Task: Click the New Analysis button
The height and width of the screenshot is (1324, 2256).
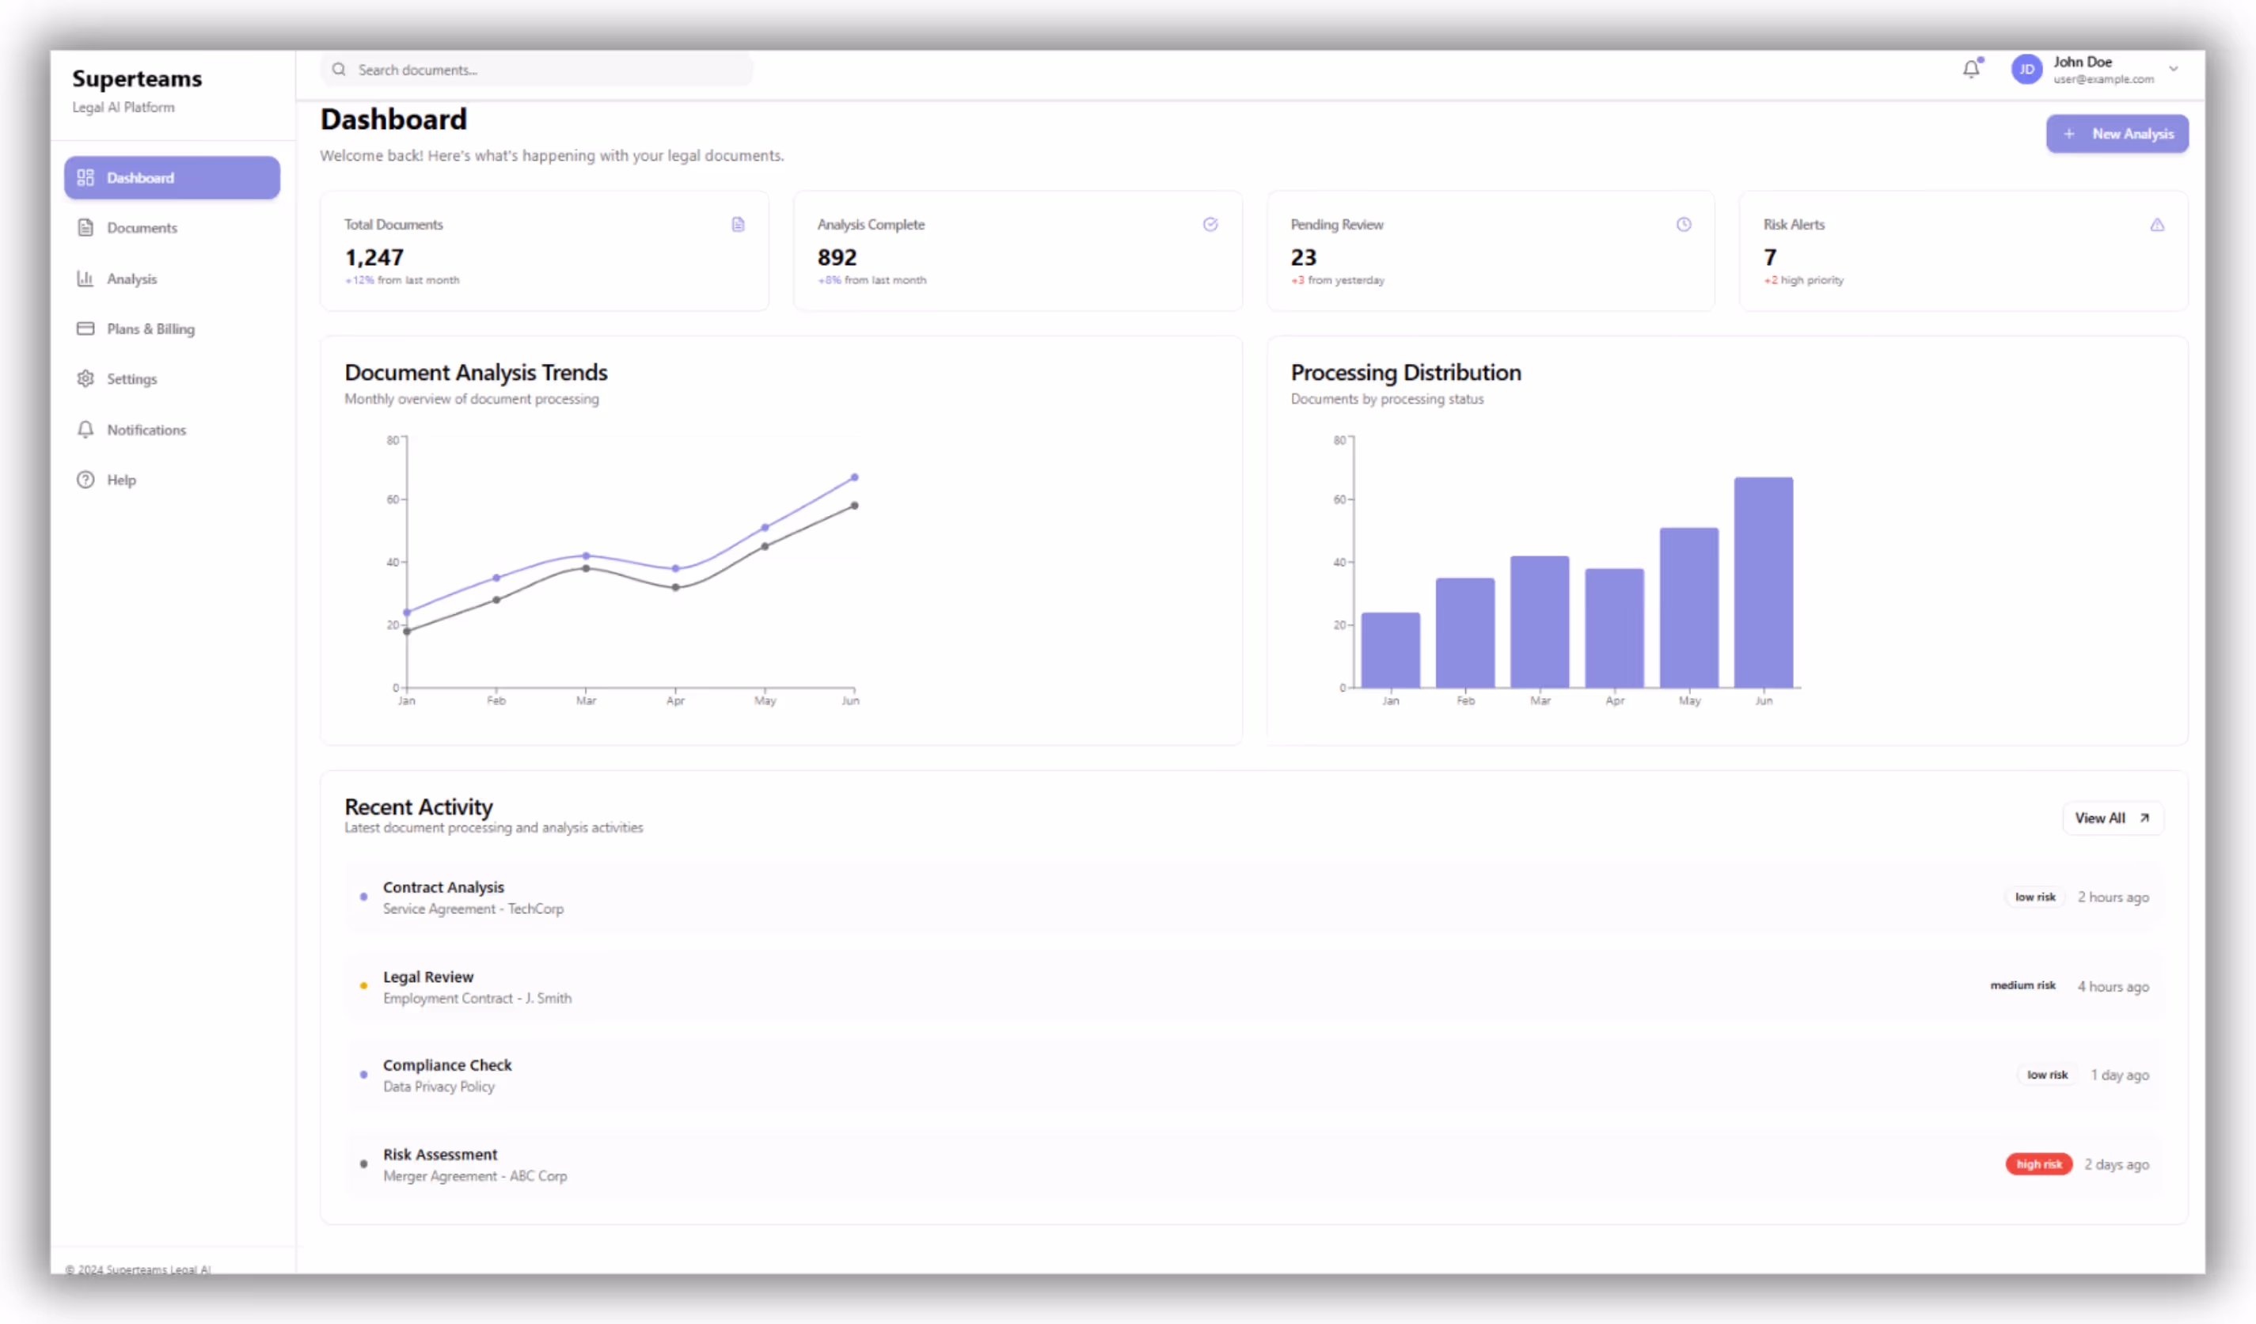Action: click(2117, 135)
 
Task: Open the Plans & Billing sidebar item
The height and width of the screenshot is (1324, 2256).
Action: click(150, 329)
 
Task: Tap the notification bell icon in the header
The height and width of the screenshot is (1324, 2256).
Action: click(1970, 69)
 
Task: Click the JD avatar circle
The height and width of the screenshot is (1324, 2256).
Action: click(2026, 70)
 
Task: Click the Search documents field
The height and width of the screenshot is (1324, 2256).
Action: click(537, 70)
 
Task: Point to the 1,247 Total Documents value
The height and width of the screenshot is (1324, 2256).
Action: click(374, 258)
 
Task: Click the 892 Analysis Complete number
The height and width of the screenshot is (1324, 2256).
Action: click(837, 258)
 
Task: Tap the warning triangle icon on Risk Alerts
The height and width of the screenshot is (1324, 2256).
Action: click(2156, 225)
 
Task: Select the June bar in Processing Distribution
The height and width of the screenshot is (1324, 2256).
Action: click(1763, 582)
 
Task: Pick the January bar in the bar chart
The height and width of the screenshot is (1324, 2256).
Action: click(1390, 651)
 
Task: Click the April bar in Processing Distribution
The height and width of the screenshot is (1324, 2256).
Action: click(1614, 628)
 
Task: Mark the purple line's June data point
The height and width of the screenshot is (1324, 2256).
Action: click(854, 477)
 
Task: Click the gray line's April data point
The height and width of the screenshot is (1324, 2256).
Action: click(676, 588)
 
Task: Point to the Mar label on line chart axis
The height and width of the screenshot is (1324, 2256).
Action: click(586, 701)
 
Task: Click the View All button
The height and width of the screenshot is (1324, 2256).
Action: click(2112, 818)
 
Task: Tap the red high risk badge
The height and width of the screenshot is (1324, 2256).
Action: click(2038, 1164)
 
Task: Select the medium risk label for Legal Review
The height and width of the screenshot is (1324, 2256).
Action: click(2022, 985)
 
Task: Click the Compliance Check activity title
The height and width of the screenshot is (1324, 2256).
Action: click(447, 1065)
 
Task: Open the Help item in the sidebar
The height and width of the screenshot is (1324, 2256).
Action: click(121, 480)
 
